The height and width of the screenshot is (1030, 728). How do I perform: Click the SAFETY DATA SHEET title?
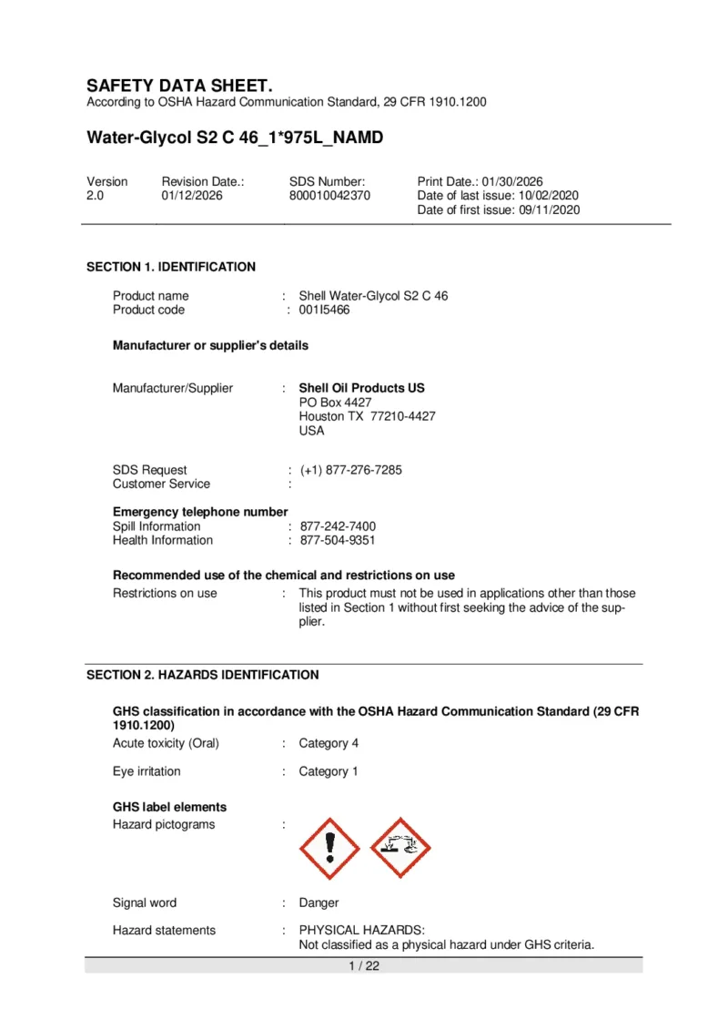179,86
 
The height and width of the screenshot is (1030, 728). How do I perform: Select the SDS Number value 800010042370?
329,196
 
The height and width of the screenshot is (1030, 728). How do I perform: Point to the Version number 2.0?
96,196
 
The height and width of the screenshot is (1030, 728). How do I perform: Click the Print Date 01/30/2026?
512,182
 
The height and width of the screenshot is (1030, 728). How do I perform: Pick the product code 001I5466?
325,310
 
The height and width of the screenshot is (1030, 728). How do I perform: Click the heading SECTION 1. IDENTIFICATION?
171,267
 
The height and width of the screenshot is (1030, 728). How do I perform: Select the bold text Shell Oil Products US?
361,388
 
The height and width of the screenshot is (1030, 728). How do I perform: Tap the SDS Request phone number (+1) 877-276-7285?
350,470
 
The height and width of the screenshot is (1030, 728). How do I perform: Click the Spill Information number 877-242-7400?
338,526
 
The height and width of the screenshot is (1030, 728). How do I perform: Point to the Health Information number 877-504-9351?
338,540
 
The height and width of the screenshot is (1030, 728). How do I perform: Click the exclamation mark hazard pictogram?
329,848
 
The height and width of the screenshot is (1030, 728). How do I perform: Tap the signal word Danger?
318,903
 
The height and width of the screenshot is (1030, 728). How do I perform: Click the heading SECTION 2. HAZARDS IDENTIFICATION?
202,675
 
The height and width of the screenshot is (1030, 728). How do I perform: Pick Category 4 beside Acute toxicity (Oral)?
329,743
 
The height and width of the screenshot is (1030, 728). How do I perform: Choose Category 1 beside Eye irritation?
329,771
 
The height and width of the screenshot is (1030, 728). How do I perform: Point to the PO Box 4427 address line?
335,402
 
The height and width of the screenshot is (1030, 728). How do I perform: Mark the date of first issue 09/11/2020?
547,209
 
